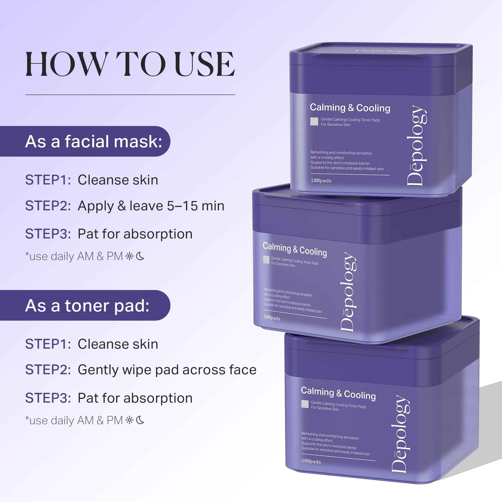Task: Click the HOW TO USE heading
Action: pyautogui.click(x=130, y=64)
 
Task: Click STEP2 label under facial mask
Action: pyautogui.click(x=48, y=206)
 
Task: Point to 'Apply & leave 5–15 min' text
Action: pyautogui.click(x=151, y=206)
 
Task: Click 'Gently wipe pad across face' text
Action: pyautogui.click(x=167, y=370)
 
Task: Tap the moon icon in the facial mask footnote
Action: pyautogui.click(x=140, y=257)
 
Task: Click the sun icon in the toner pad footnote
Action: pyautogui.click(x=129, y=420)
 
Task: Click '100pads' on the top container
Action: pyautogui.click(x=321, y=181)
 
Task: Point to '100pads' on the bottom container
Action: pyautogui.click(x=311, y=461)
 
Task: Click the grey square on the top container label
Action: pyautogui.click(x=314, y=122)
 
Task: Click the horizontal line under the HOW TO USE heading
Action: pyautogui.click(x=130, y=95)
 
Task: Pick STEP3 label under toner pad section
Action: pyautogui.click(x=48, y=398)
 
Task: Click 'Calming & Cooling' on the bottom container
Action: pyautogui.click(x=338, y=393)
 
